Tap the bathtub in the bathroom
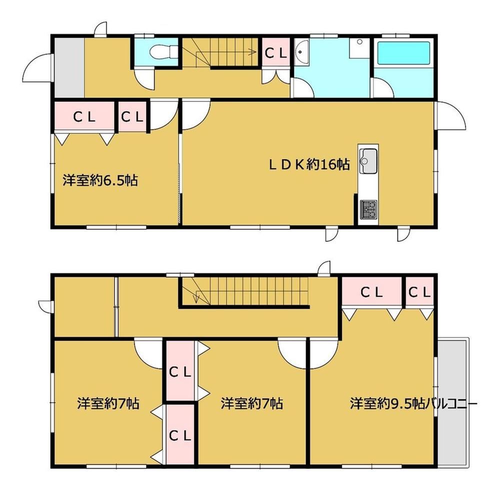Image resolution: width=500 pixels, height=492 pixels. click(403, 53)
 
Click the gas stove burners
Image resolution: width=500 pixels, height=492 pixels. click(368, 209)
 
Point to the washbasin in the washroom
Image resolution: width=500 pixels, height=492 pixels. click(301, 52)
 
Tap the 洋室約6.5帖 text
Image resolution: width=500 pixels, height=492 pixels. click(100, 180)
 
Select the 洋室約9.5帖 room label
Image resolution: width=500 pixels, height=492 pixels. click(387, 404)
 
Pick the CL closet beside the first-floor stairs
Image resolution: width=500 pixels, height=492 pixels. click(276, 53)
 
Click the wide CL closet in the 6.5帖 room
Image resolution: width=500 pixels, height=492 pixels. click(84, 117)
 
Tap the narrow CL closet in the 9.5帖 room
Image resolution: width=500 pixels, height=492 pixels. click(419, 292)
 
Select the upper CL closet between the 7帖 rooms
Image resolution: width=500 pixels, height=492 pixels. click(180, 371)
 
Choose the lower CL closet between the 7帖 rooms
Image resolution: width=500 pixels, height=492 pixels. click(180, 436)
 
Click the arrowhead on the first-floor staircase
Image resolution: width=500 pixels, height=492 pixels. click(253, 51)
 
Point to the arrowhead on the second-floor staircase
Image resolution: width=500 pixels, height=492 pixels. click(196, 299)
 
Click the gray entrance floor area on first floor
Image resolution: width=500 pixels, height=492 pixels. click(69, 68)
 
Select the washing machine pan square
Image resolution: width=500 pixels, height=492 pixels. click(359, 48)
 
